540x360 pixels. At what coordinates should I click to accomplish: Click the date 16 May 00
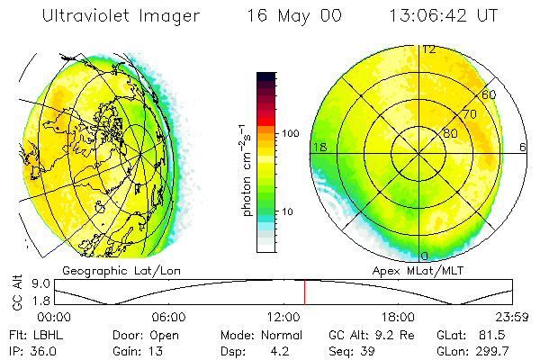(x=293, y=16)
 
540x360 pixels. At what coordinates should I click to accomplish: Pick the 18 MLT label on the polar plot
(x=319, y=147)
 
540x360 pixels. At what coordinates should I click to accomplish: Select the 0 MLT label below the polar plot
(x=425, y=257)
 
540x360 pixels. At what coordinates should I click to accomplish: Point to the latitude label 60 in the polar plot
(x=490, y=94)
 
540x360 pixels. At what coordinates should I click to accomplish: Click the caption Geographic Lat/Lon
(x=111, y=270)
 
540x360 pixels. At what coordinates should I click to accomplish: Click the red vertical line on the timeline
(x=304, y=293)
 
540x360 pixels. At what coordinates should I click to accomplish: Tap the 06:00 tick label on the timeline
(x=168, y=317)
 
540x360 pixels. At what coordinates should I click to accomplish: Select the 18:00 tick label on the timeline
(x=398, y=317)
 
